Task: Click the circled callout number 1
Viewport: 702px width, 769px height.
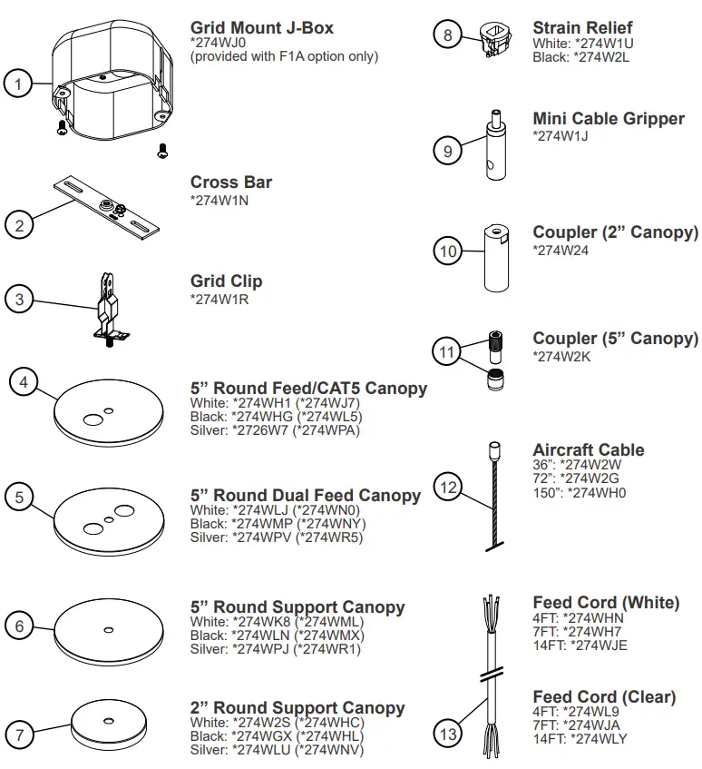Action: click(18, 84)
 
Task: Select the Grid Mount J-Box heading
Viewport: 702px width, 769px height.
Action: click(261, 28)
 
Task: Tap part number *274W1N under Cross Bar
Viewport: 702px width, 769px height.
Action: click(219, 200)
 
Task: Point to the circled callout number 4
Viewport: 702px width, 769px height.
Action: click(24, 382)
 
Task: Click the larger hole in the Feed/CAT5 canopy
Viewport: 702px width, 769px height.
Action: click(93, 419)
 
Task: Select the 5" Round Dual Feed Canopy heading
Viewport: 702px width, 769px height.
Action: click(305, 495)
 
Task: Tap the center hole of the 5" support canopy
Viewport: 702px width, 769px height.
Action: click(107, 629)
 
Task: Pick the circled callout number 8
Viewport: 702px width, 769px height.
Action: click(447, 35)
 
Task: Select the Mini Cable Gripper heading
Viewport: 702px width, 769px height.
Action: click(608, 119)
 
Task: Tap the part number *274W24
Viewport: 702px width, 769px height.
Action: click(561, 251)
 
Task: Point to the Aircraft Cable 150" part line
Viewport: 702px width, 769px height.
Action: click(579, 493)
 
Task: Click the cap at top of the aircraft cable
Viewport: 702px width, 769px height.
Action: click(495, 449)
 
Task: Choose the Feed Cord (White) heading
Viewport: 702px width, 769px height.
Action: click(605, 602)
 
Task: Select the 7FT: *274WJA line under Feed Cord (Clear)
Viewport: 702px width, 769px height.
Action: click(576, 725)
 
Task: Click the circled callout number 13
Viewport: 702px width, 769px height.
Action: click(448, 734)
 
